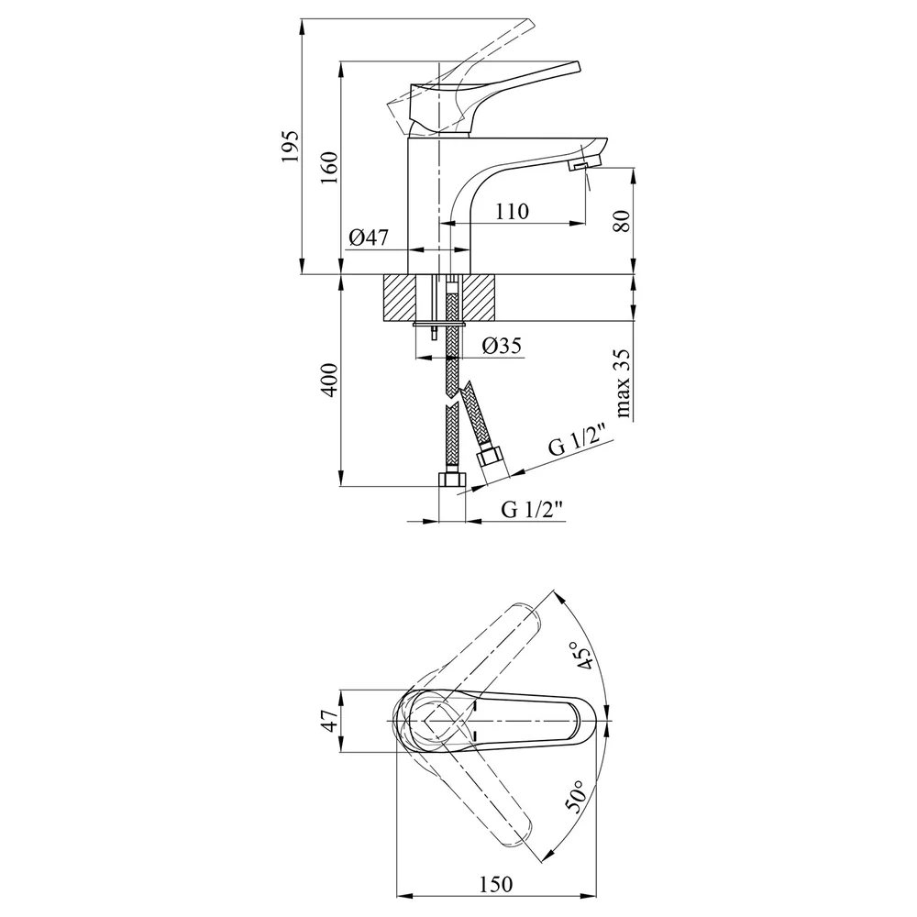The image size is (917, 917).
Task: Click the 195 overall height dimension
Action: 291,146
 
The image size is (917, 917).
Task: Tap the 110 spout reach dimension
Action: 512,211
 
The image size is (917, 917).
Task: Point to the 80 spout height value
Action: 624,220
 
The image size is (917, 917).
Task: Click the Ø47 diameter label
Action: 369,238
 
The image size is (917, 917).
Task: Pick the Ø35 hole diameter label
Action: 502,346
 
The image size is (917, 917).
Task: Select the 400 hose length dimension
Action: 330,381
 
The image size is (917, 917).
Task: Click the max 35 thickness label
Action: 623,383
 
